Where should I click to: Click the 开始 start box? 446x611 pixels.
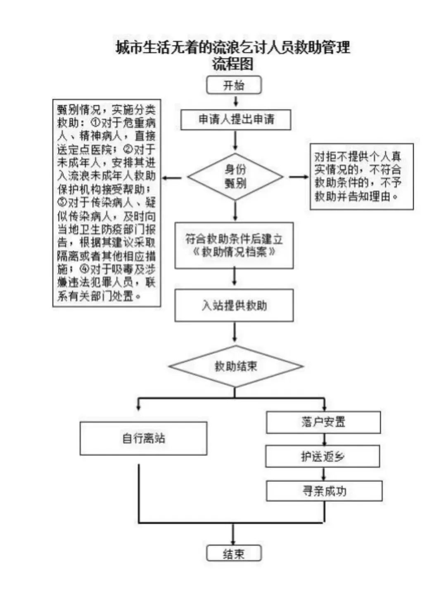tap(234, 85)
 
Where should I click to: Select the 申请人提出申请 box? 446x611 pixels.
tap(236, 120)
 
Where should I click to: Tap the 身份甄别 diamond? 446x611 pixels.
tap(235, 177)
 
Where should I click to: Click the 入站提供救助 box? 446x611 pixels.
tap(234, 305)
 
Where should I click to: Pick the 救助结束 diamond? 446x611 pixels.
tap(236, 366)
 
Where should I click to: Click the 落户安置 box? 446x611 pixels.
tap(323, 422)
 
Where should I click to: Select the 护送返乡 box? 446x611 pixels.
tap(323, 456)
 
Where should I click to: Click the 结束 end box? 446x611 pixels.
tap(234, 553)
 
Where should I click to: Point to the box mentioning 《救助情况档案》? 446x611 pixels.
tap(234, 245)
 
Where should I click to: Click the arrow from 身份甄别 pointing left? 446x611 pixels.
tap(172, 178)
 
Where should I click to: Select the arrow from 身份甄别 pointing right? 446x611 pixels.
tap(299, 177)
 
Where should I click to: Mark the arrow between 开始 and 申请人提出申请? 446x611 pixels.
tap(236, 101)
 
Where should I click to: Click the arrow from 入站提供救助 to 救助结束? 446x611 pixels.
tap(235, 332)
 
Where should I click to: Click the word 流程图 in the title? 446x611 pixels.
tap(233, 64)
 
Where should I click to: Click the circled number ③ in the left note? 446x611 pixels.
tap(62, 202)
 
